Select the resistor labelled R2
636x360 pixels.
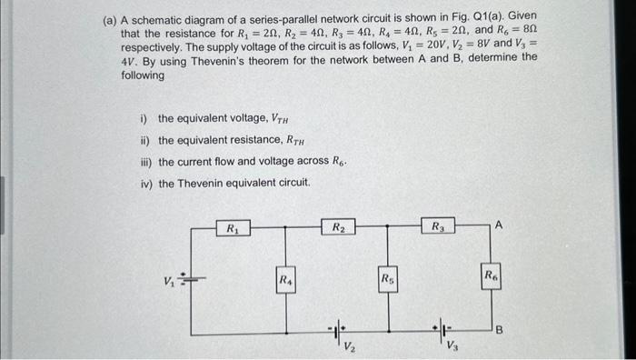(337, 227)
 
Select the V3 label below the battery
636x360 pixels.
(452, 346)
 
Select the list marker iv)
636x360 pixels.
(145, 183)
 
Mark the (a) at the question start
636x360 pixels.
(109, 17)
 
